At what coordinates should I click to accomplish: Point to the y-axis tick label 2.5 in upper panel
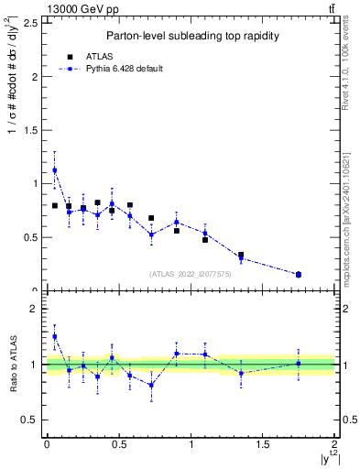tap(29, 23)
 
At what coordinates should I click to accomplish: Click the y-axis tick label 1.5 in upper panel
tap(29, 130)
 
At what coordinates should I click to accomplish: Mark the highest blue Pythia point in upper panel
tap(55, 169)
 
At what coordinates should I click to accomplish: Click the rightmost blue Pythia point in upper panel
tap(299, 274)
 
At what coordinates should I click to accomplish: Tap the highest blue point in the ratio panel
tap(55, 336)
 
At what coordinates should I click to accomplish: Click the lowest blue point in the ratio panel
tap(151, 385)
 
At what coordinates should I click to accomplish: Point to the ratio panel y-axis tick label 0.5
tap(29, 420)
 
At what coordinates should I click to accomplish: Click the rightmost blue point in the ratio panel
tap(299, 364)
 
